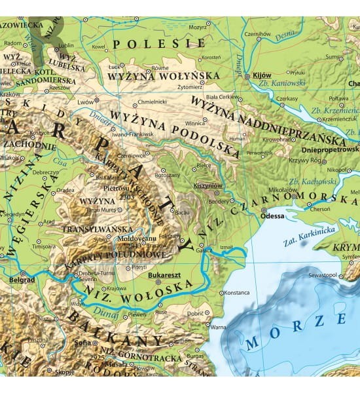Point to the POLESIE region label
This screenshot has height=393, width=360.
click(x=158, y=44)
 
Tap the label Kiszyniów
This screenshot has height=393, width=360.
click(x=209, y=186)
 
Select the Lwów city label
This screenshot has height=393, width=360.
click(x=85, y=102)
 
